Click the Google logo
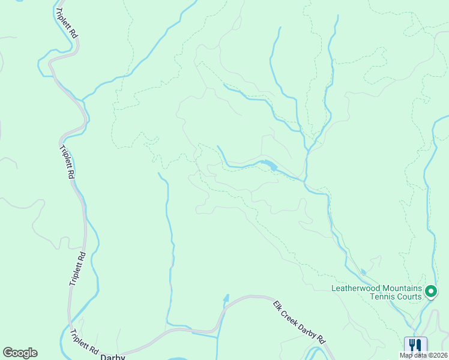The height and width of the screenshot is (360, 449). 20,353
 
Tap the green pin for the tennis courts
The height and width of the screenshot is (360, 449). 430,292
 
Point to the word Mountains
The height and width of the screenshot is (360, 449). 404,288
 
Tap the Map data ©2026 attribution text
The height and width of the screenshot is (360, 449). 423,355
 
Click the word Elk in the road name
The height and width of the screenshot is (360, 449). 279,306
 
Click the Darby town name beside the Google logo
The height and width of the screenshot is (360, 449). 113,357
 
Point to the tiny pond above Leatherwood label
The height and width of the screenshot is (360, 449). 364,272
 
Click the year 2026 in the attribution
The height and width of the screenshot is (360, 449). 439,355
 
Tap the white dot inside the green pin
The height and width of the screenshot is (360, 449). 430,292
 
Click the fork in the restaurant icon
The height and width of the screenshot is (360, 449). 412,345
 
